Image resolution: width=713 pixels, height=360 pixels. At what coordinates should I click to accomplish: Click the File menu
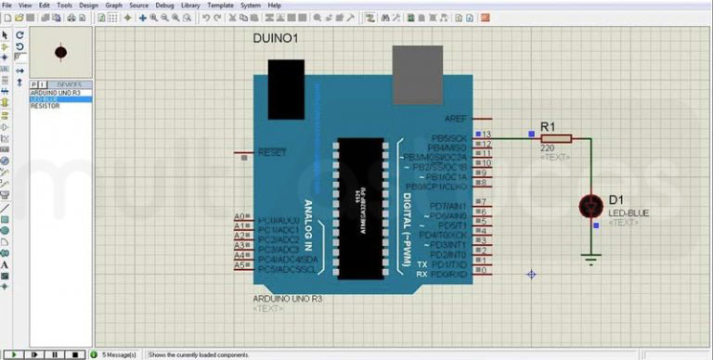pos(7,6)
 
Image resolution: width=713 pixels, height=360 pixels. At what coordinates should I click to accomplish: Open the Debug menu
pos(164,6)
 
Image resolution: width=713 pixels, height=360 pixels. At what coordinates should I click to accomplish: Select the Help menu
pos(274,6)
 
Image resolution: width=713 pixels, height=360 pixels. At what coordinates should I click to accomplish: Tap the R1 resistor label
pos(548,126)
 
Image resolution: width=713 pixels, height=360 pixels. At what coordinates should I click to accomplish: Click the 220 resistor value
pos(547,148)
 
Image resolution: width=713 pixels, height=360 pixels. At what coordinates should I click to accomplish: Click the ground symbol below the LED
pos(590,260)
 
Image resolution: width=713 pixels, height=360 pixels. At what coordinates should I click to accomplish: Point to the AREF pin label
pos(456,119)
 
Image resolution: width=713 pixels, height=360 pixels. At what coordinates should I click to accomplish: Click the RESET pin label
pos(272,151)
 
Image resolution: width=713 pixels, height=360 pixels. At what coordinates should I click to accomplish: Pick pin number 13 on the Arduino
pos(486,135)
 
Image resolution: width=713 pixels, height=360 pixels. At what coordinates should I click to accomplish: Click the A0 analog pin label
pos(239,217)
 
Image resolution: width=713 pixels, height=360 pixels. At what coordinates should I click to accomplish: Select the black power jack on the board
pos(286,81)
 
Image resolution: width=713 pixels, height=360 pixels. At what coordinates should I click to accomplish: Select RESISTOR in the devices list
pos(45,107)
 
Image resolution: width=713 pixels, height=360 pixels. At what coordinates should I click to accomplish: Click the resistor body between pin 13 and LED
pos(557,138)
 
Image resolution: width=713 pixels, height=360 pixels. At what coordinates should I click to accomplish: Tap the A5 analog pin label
pos(239,265)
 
